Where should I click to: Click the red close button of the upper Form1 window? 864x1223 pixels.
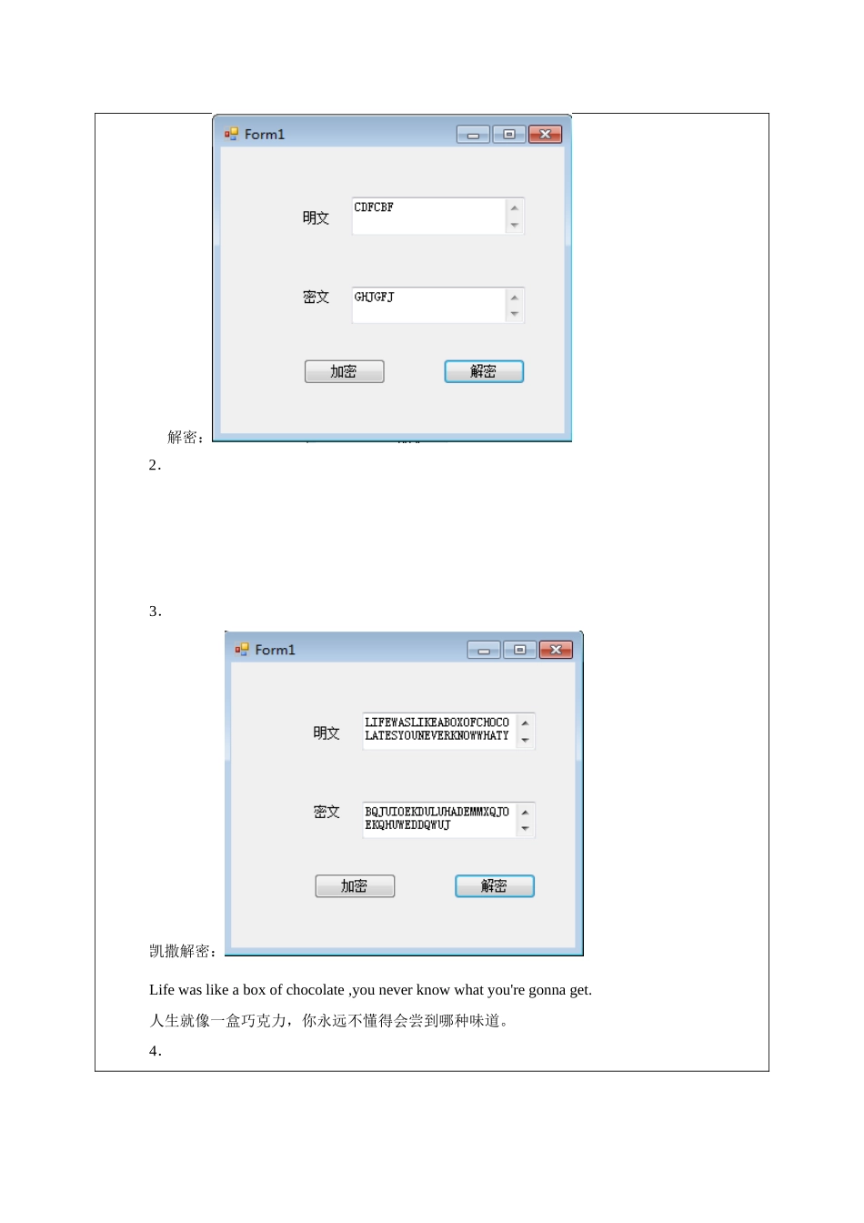click(x=545, y=135)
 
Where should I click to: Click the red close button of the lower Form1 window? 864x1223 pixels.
click(x=556, y=650)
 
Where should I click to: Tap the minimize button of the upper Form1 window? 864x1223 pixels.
click(x=473, y=135)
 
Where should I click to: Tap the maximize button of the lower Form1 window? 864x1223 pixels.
click(x=519, y=650)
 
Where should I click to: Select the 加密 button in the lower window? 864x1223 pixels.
click(x=355, y=885)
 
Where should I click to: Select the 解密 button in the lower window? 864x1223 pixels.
click(x=495, y=885)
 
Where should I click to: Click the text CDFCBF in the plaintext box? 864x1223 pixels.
click(x=373, y=207)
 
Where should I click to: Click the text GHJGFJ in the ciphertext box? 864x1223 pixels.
click(x=374, y=297)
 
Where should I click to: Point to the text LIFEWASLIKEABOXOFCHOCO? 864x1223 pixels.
click(x=437, y=723)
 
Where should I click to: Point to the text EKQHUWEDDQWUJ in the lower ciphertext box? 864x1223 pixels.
click(x=407, y=825)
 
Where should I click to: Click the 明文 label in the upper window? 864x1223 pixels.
click(x=316, y=217)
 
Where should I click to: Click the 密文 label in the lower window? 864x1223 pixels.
click(x=327, y=812)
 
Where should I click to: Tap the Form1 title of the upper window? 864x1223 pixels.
click(x=264, y=135)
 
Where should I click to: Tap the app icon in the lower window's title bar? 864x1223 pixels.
click(x=242, y=649)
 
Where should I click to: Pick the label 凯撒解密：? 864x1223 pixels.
click(x=184, y=951)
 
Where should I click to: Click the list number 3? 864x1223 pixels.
click(x=155, y=611)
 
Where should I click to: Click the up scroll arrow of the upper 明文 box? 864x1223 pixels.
click(x=514, y=208)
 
